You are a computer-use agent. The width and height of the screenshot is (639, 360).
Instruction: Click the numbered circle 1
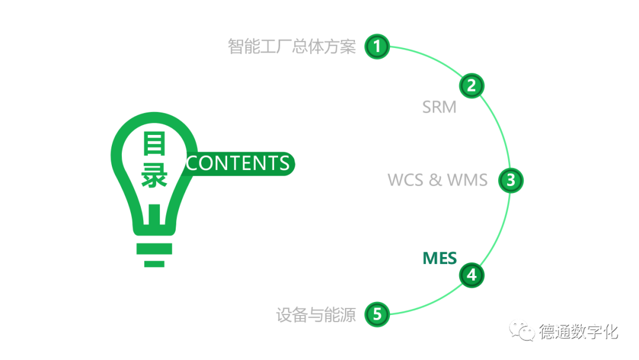point(377,46)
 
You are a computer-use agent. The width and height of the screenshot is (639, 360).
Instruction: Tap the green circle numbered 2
point(471,86)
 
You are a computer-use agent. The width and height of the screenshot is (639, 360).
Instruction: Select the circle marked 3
point(511,180)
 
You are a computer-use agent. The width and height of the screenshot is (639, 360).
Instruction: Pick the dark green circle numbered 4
point(471,275)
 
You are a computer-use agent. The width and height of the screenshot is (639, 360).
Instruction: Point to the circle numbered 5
point(377,314)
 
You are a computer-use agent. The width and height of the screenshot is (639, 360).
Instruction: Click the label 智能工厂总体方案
point(292,46)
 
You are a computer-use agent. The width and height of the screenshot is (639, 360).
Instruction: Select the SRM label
point(439,107)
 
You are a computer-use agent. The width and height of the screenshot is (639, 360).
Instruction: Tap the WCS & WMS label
point(437,179)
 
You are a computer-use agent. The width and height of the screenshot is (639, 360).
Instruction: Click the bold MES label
point(439,258)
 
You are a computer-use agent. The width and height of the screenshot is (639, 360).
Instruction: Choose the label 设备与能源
point(316,314)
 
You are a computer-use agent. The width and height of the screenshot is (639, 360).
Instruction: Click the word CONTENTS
point(238,163)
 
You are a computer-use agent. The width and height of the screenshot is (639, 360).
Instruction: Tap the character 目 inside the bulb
point(154,144)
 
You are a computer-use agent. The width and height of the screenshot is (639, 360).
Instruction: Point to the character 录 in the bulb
point(154,176)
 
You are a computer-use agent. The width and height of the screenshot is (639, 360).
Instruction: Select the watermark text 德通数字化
point(578,331)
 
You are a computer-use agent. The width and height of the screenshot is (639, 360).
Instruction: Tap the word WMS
point(467,179)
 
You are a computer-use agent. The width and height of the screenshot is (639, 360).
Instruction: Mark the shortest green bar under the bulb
point(154,263)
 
